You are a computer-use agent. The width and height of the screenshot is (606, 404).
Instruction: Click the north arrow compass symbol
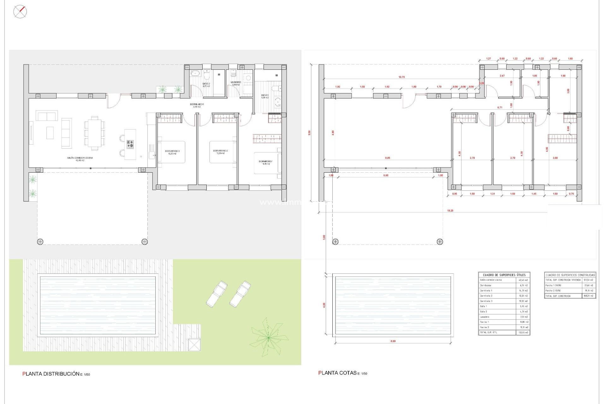(20, 12)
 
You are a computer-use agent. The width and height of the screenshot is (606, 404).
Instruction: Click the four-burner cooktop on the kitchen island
(130, 145)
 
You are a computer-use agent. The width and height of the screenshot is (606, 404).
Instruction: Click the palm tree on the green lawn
(269, 337)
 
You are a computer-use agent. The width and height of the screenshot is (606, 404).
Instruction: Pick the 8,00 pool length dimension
(393, 341)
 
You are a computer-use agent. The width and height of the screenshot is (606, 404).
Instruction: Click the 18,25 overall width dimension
(450, 211)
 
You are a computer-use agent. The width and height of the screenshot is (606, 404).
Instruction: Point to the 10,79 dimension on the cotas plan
(401, 77)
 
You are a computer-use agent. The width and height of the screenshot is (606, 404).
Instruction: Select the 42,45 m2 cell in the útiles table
(523, 280)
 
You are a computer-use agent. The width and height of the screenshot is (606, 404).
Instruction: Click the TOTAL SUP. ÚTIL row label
(489, 332)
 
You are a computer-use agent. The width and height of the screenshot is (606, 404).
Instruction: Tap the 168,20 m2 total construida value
(588, 296)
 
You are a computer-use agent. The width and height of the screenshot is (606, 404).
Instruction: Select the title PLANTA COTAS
(338, 373)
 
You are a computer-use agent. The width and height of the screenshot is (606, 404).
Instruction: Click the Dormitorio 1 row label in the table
(486, 290)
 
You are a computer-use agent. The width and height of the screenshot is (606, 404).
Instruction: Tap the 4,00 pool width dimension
(324, 305)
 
